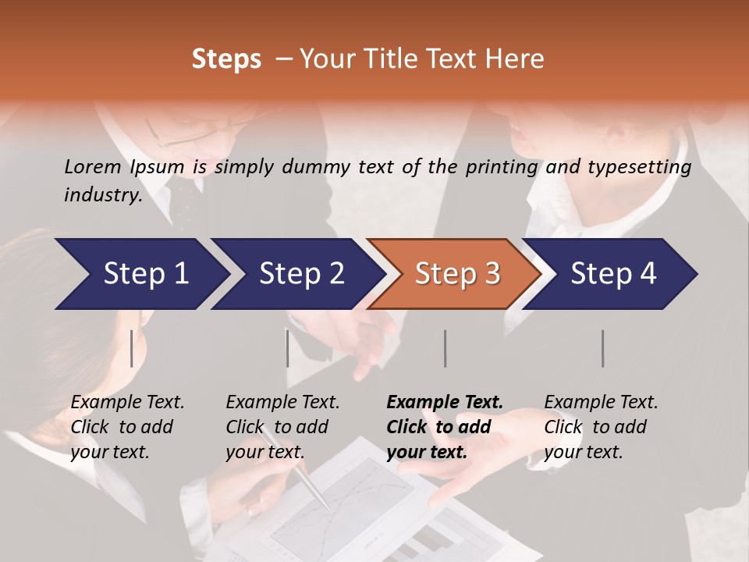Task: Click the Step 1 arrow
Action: (x=140, y=274)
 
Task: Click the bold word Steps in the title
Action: (x=226, y=59)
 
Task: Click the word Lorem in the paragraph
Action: (x=93, y=166)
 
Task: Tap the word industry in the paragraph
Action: (x=102, y=194)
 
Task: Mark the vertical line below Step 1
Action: (x=132, y=348)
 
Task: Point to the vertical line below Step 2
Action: (x=288, y=348)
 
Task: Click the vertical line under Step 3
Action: (x=445, y=348)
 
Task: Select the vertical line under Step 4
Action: (x=602, y=348)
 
